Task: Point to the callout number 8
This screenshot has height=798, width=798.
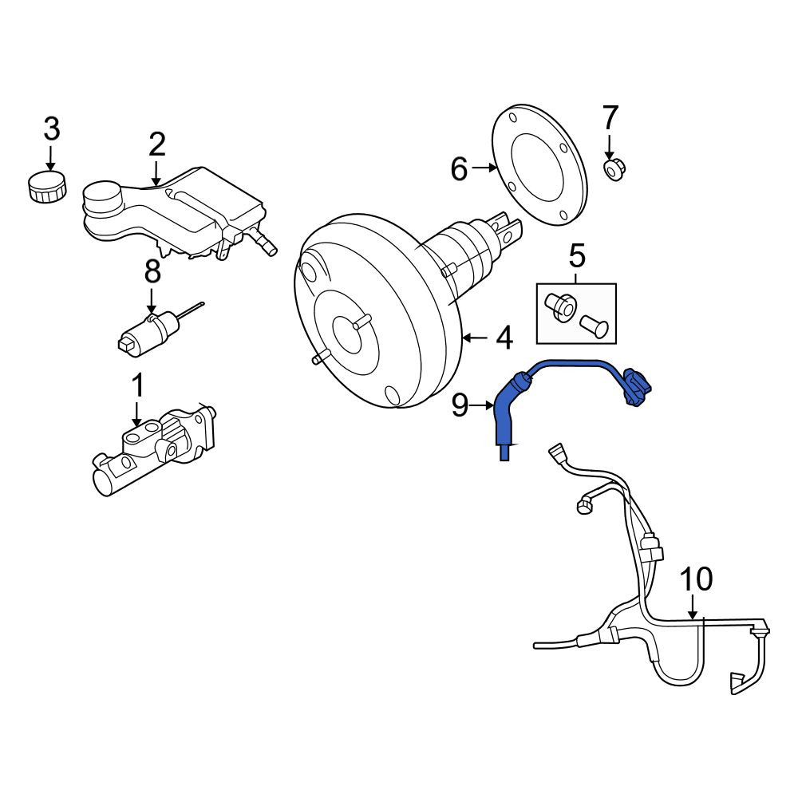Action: pos(152,271)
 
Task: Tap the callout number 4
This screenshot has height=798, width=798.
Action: pos(504,338)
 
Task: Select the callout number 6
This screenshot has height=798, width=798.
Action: pos(459,168)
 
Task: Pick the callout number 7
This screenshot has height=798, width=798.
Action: pos(610,117)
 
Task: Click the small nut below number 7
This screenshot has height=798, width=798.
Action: pos(614,170)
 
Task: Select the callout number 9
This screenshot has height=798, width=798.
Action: pos(460,406)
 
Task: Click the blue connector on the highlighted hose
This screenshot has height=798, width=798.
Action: pos(637,388)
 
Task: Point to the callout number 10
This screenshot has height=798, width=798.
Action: pos(696,579)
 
